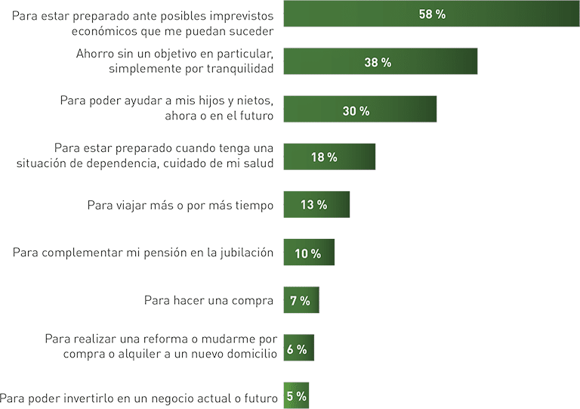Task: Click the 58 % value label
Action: tap(431, 14)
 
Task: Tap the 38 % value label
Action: tap(378, 63)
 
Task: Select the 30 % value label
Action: tap(356, 110)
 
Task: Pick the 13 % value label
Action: tap(313, 205)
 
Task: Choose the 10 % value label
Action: tap(307, 253)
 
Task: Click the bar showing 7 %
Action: tap(301, 301)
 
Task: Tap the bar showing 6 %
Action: tap(298, 349)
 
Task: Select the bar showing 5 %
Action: tap(296, 396)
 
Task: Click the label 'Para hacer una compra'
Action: tap(208, 300)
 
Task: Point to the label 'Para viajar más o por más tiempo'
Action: tap(180, 205)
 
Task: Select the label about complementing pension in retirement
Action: tap(143, 253)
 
